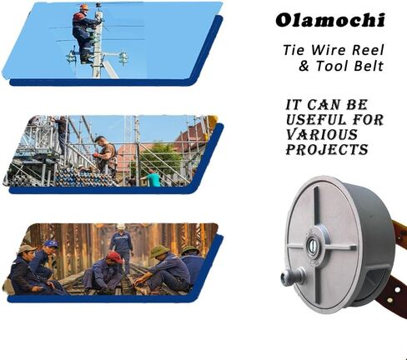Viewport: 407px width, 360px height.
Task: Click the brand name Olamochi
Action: coord(330,20)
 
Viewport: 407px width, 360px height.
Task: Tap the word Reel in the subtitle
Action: coord(368,50)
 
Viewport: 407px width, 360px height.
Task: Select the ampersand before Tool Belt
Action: coord(304,66)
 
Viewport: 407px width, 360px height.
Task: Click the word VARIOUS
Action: coord(322,135)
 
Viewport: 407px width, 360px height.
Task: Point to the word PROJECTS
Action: coord(327,149)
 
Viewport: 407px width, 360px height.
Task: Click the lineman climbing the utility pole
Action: coord(84,33)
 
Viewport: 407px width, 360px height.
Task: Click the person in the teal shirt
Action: coord(152,177)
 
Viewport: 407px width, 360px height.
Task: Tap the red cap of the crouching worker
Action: coord(114,257)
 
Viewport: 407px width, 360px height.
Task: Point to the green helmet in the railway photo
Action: coord(160,251)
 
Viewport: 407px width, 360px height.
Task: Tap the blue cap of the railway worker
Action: coord(51,244)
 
